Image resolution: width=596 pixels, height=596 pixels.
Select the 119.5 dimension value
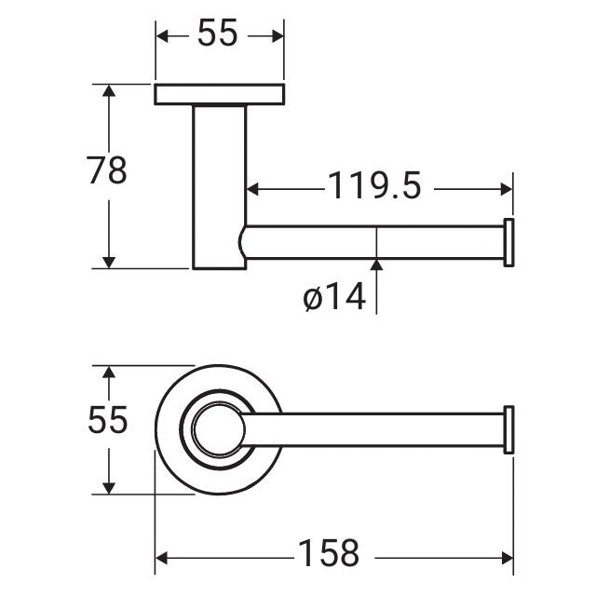(x=374, y=187)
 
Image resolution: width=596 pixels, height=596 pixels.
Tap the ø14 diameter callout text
(x=333, y=298)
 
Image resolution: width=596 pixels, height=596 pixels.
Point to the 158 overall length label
(x=328, y=554)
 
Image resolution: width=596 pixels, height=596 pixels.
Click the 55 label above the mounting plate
(x=218, y=35)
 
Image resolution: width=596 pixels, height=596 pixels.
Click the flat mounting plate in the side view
(x=219, y=94)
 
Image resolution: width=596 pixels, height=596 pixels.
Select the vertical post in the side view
(x=219, y=186)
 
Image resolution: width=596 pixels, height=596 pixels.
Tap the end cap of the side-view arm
(x=508, y=242)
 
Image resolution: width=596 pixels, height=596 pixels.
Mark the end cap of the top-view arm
(x=508, y=429)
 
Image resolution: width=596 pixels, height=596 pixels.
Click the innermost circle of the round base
(x=217, y=429)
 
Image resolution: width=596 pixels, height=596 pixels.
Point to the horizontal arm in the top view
(x=372, y=429)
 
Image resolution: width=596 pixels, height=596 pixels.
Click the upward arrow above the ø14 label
(x=376, y=266)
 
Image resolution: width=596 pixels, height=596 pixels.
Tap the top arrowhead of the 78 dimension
(x=110, y=91)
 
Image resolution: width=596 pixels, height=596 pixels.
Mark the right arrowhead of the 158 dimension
(x=507, y=557)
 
